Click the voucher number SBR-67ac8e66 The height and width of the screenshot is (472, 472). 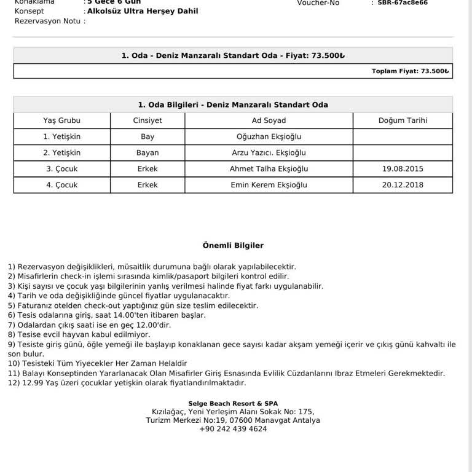tap(403, 2)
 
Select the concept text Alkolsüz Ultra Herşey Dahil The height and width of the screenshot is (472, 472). tap(143, 11)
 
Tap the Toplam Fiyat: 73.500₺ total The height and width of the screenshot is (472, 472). tap(410, 71)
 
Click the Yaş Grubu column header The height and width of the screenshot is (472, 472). tap(61, 120)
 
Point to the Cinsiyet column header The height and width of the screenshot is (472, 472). tap(147, 120)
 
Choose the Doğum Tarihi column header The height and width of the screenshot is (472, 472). tap(403, 120)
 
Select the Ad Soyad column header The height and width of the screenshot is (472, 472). tap(269, 120)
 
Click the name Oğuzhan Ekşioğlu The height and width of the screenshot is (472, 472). tap(269, 136)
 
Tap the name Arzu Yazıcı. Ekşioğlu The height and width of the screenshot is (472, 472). tap(269, 152)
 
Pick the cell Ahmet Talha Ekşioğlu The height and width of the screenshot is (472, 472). tap(269, 168)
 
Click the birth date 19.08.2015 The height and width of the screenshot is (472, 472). tap(403, 168)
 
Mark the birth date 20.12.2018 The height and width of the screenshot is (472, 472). tap(403, 184)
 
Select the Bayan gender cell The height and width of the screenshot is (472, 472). tap(147, 152)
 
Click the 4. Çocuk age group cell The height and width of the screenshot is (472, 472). tap(61, 184)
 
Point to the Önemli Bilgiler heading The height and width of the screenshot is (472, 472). tap(233, 245)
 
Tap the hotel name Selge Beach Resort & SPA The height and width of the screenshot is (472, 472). tap(233, 403)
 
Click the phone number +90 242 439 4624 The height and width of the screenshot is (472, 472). tap(233, 429)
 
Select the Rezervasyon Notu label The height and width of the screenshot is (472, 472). tap(48, 21)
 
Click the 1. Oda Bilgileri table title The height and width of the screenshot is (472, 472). tap(233, 104)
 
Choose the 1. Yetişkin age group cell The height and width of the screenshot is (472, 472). tap(61, 136)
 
